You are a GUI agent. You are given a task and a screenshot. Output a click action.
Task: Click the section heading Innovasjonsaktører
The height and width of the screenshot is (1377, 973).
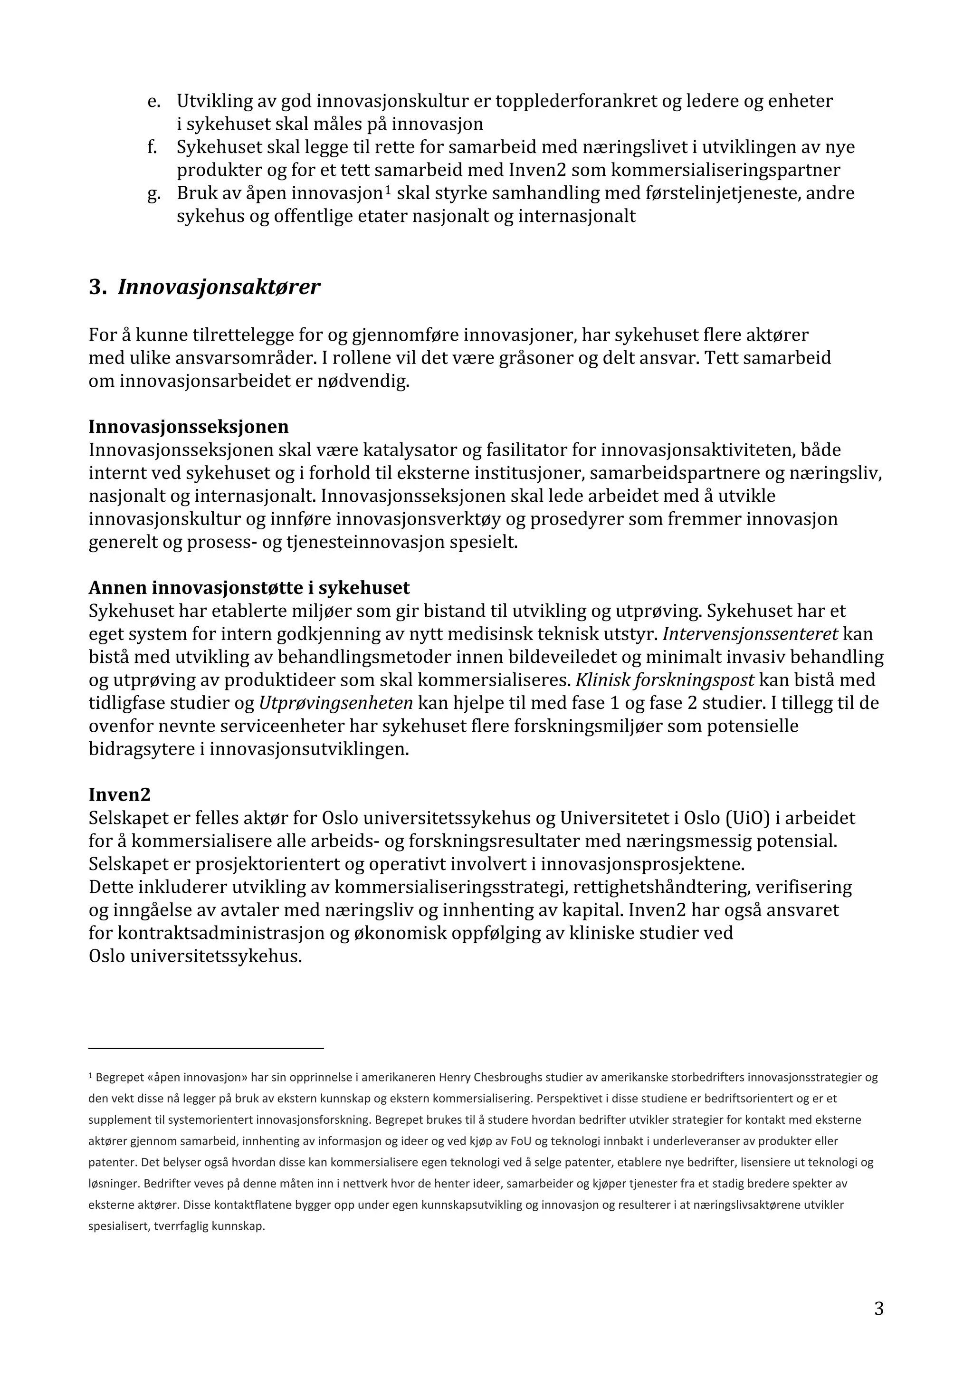pos(219,287)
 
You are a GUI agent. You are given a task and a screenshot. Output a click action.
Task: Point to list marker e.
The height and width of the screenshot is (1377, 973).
pos(153,101)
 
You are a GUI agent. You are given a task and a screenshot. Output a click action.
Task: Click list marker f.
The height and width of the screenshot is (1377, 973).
pos(153,147)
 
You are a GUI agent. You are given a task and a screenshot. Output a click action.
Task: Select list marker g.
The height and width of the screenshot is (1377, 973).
pos(153,194)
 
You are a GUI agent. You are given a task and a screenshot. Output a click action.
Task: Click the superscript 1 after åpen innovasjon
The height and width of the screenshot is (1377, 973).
pos(388,190)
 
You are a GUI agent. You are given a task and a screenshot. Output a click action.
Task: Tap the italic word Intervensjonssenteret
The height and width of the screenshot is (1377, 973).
pos(751,633)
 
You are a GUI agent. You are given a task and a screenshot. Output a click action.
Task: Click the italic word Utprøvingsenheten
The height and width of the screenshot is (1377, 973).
pos(336,703)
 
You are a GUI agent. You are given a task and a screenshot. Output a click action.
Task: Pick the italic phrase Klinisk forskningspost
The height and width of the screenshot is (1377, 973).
pos(665,679)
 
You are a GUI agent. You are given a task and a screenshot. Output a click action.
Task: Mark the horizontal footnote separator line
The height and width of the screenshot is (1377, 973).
pos(206,1048)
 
